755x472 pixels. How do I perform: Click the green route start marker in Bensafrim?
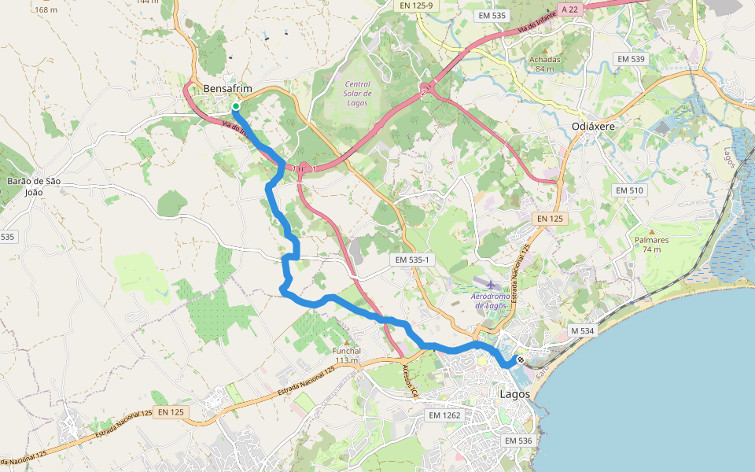click(x=235, y=106)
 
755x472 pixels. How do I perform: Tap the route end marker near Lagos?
click(x=520, y=360)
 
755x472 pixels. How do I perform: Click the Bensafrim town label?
click(x=226, y=90)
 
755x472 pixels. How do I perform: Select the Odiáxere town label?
click(x=593, y=126)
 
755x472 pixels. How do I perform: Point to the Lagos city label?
click(x=515, y=393)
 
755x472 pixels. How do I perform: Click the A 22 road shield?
click(x=569, y=9)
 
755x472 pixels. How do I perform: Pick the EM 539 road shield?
click(x=631, y=59)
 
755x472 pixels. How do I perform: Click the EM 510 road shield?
click(x=629, y=190)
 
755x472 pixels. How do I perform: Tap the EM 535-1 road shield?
click(x=412, y=260)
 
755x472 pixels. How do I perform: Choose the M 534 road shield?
click(x=582, y=331)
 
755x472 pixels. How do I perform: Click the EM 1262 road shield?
click(x=445, y=415)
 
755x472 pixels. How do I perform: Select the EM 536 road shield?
click(x=519, y=441)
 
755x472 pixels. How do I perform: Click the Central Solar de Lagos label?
click(x=358, y=93)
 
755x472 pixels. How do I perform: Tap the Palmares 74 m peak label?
click(x=651, y=244)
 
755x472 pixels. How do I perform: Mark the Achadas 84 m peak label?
click(x=545, y=63)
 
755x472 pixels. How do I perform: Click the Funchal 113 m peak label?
click(x=346, y=356)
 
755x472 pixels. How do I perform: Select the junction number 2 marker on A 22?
click(x=424, y=92)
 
